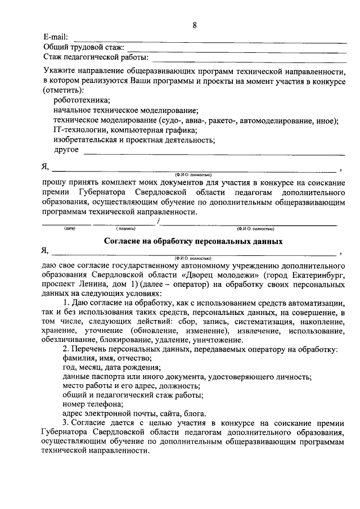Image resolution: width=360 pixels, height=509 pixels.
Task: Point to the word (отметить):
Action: pos(64,90)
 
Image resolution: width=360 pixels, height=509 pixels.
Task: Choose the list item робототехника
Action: pos(82,100)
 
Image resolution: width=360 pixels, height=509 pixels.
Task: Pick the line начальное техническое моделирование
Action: pos(126,110)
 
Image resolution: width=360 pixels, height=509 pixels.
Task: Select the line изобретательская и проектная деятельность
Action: pos(134,140)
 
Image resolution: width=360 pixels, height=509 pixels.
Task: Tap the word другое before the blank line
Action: pos(66,150)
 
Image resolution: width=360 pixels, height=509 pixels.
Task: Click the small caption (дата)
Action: pos(70,229)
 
